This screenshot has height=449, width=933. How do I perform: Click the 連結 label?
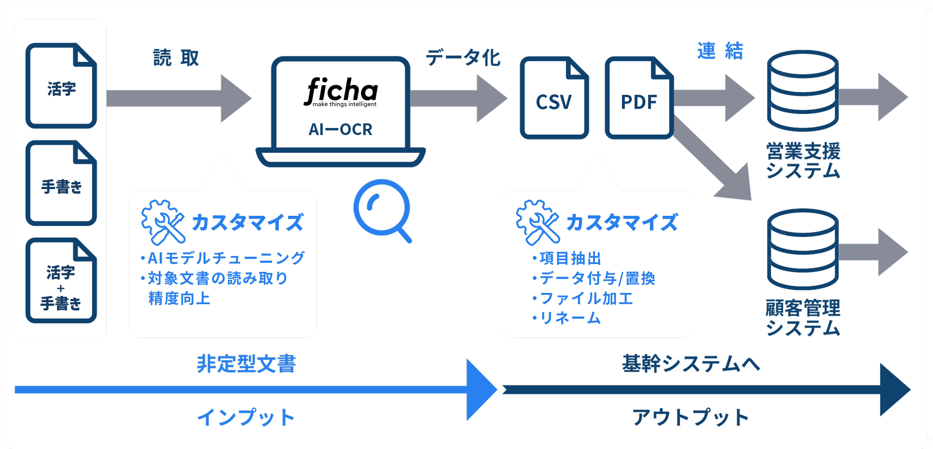(720, 51)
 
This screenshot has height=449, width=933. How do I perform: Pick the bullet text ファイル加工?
(586, 298)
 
